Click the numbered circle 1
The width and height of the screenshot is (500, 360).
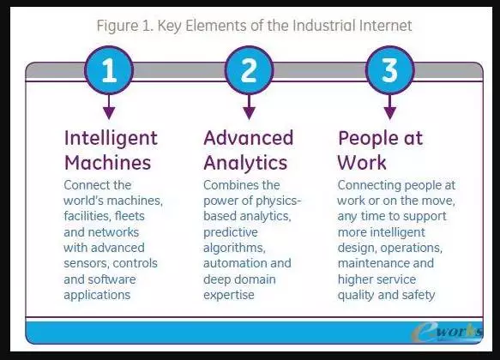[109, 70]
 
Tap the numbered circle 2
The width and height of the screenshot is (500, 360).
[249, 70]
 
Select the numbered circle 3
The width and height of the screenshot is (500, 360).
[389, 70]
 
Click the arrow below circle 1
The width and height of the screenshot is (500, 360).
[109, 107]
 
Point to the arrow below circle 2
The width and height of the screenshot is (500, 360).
[249, 107]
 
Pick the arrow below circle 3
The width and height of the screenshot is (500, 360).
[389, 107]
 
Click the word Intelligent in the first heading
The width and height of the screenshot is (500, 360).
[111, 139]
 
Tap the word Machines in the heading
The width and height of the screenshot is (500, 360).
[108, 163]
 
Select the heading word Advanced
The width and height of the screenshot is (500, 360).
[249, 138]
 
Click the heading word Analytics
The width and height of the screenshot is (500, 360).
[245, 164]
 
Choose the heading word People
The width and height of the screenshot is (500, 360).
[365, 139]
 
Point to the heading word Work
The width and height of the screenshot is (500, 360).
[362, 163]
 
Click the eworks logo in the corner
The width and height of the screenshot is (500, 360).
[447, 333]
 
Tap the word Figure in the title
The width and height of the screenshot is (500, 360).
[117, 26]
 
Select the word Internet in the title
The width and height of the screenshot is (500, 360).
[386, 26]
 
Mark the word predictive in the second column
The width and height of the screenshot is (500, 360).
[231, 233]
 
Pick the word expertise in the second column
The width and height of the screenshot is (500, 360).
[229, 296]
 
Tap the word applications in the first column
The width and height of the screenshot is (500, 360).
[97, 296]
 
